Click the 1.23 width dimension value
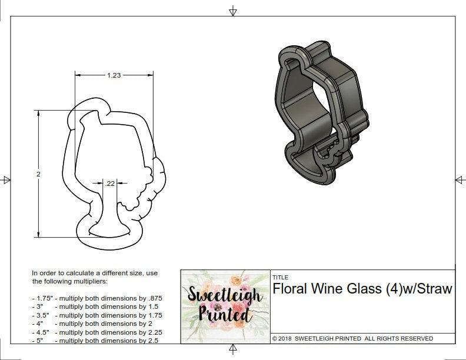click(x=114, y=75)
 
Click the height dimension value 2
click(x=38, y=174)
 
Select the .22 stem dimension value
click(x=110, y=184)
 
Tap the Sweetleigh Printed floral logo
click(x=224, y=305)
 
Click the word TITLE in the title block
click(x=280, y=277)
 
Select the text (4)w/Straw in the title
click(x=418, y=289)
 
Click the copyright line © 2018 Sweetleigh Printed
click(x=352, y=338)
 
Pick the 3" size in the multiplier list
click(x=40, y=306)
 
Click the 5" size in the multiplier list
click(x=40, y=340)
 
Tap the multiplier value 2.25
click(x=152, y=332)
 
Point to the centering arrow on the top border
click(x=233, y=10)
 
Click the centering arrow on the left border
click(x=6, y=179)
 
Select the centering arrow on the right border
click(x=460, y=179)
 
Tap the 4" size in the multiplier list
click(x=40, y=323)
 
